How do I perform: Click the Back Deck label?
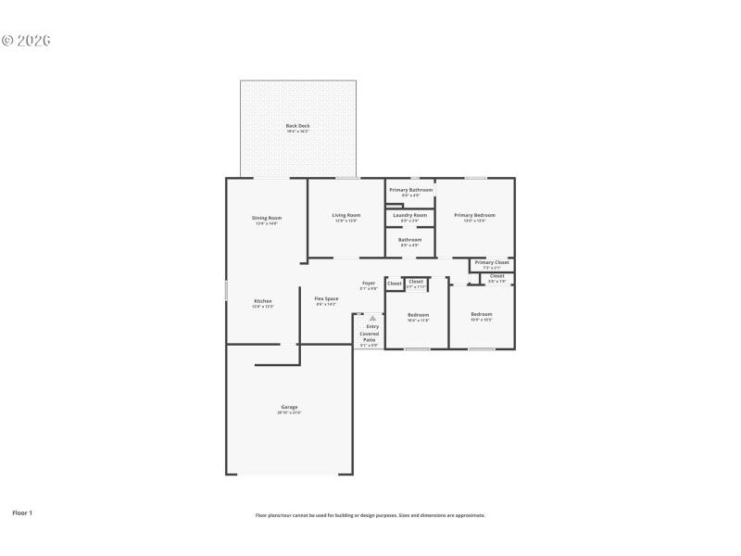(x=297, y=126)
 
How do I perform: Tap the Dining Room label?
(x=266, y=219)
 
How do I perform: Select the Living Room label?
(x=345, y=216)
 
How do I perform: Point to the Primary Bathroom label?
(x=410, y=190)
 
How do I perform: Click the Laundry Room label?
(x=409, y=215)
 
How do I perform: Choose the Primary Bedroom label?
(x=474, y=215)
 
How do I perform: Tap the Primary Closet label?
(x=491, y=263)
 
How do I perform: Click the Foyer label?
(x=368, y=283)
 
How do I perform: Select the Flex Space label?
(x=326, y=298)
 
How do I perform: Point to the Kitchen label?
(x=263, y=301)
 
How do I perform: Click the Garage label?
(x=289, y=407)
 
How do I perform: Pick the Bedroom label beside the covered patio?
(x=418, y=315)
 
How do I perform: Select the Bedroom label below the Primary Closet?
(x=481, y=314)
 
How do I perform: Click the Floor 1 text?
(x=21, y=512)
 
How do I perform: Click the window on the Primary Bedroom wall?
(x=475, y=178)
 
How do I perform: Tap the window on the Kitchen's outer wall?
(x=227, y=290)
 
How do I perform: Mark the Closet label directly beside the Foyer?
(x=394, y=284)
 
